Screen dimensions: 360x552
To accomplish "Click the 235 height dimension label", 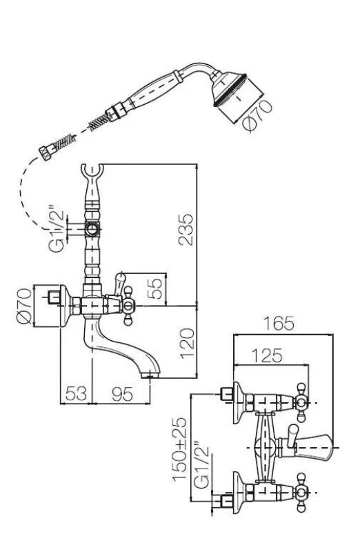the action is [x=186, y=230].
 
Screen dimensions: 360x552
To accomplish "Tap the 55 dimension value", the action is [x=155, y=288].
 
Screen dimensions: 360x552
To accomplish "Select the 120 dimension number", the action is [x=187, y=344].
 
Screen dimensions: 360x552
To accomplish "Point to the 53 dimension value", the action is [x=76, y=393].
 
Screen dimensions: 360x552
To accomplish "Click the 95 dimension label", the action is [x=123, y=393].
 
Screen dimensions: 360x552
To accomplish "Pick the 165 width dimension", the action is [x=279, y=324].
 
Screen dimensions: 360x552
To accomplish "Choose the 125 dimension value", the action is [x=267, y=355].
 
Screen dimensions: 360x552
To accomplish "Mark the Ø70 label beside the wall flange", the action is [x=24, y=306].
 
